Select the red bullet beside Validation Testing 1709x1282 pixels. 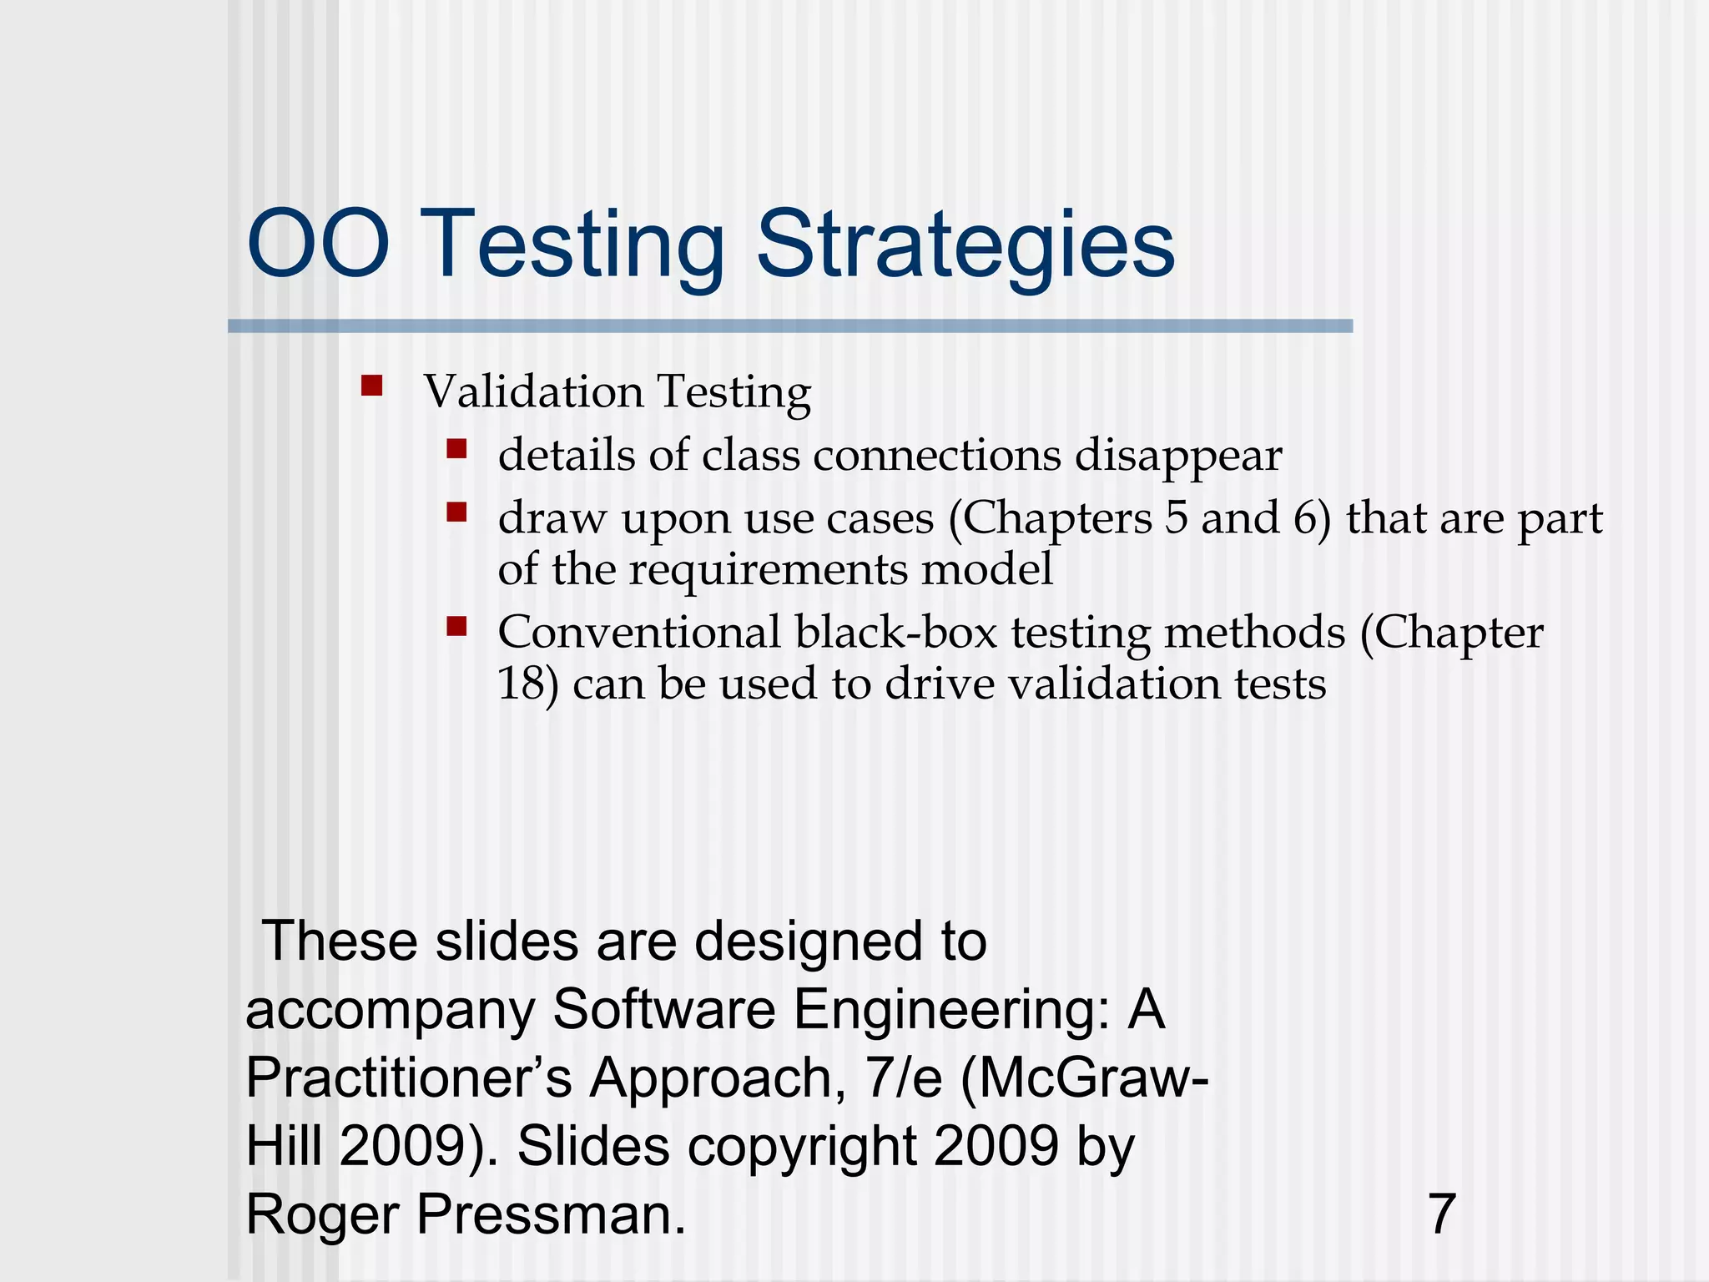(x=371, y=386)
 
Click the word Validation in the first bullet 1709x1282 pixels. (x=533, y=391)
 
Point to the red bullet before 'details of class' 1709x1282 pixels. (x=456, y=450)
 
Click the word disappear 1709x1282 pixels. (x=1177, y=456)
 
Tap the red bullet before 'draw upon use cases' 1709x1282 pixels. (x=456, y=512)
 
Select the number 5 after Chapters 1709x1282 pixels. (x=1176, y=517)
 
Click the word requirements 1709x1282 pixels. (x=768, y=569)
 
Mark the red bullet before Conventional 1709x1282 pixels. (x=456, y=626)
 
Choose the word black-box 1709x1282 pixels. (x=895, y=632)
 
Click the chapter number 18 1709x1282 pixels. (x=522, y=684)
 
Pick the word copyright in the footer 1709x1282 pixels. (x=802, y=1146)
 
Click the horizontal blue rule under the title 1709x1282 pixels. (x=789, y=326)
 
